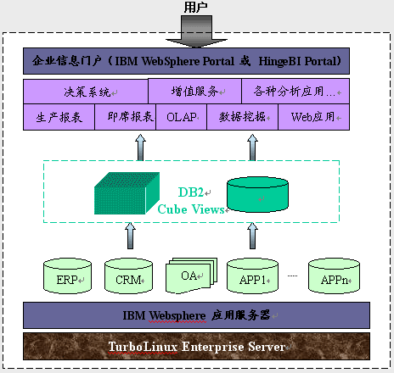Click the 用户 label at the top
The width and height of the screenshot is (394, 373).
195,7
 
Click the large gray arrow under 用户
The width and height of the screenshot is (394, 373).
196,31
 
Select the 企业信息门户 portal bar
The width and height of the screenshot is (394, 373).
186,61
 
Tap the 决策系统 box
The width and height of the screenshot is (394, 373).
86,92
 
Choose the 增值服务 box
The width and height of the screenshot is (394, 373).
194,91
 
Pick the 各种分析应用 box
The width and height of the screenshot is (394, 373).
295,91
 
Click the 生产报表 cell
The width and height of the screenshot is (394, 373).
59,117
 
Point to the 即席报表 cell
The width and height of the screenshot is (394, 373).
125,117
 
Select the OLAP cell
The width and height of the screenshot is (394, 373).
181,117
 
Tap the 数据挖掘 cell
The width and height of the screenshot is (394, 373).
242,117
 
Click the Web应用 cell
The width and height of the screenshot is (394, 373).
314,117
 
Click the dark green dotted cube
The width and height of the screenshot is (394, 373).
127,193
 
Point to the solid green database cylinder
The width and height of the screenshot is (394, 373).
257,194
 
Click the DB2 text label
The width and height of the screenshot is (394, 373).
190,192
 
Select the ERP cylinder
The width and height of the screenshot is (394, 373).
67,276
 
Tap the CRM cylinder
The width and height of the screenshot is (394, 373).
128,276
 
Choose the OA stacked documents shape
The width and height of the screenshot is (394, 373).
191,276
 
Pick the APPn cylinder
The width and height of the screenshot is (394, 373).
334,276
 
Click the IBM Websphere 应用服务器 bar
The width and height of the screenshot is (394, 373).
196,315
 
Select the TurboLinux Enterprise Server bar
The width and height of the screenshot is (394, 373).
196,347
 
